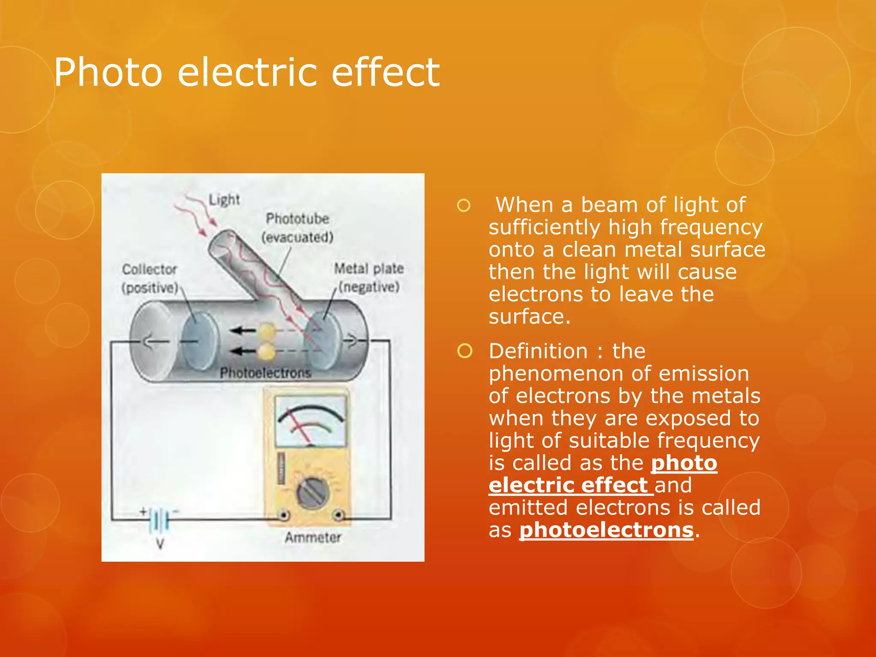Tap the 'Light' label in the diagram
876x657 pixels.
pyautogui.click(x=224, y=199)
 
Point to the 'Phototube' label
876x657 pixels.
pyautogui.click(x=297, y=219)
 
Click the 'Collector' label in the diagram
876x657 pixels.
pyautogui.click(x=149, y=269)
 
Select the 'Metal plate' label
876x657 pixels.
pyautogui.click(x=369, y=269)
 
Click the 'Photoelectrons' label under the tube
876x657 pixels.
pyautogui.click(x=265, y=373)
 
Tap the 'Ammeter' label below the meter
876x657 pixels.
pyautogui.click(x=313, y=537)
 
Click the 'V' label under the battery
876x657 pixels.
pyautogui.click(x=160, y=544)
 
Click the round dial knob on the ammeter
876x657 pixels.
pyautogui.click(x=313, y=494)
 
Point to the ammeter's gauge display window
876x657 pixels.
pyautogui.click(x=310, y=421)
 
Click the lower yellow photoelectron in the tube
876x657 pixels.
pyautogui.click(x=266, y=352)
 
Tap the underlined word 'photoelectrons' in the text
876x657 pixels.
pyautogui.click(x=606, y=530)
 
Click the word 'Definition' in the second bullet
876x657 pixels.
pyautogui.click(x=538, y=351)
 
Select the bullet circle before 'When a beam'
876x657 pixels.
pyautogui.click(x=464, y=205)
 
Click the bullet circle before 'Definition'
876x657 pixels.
pyautogui.click(x=465, y=351)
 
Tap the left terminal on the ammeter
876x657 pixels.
pyautogui.click(x=283, y=516)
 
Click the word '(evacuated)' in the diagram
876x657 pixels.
pyautogui.click(x=297, y=237)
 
